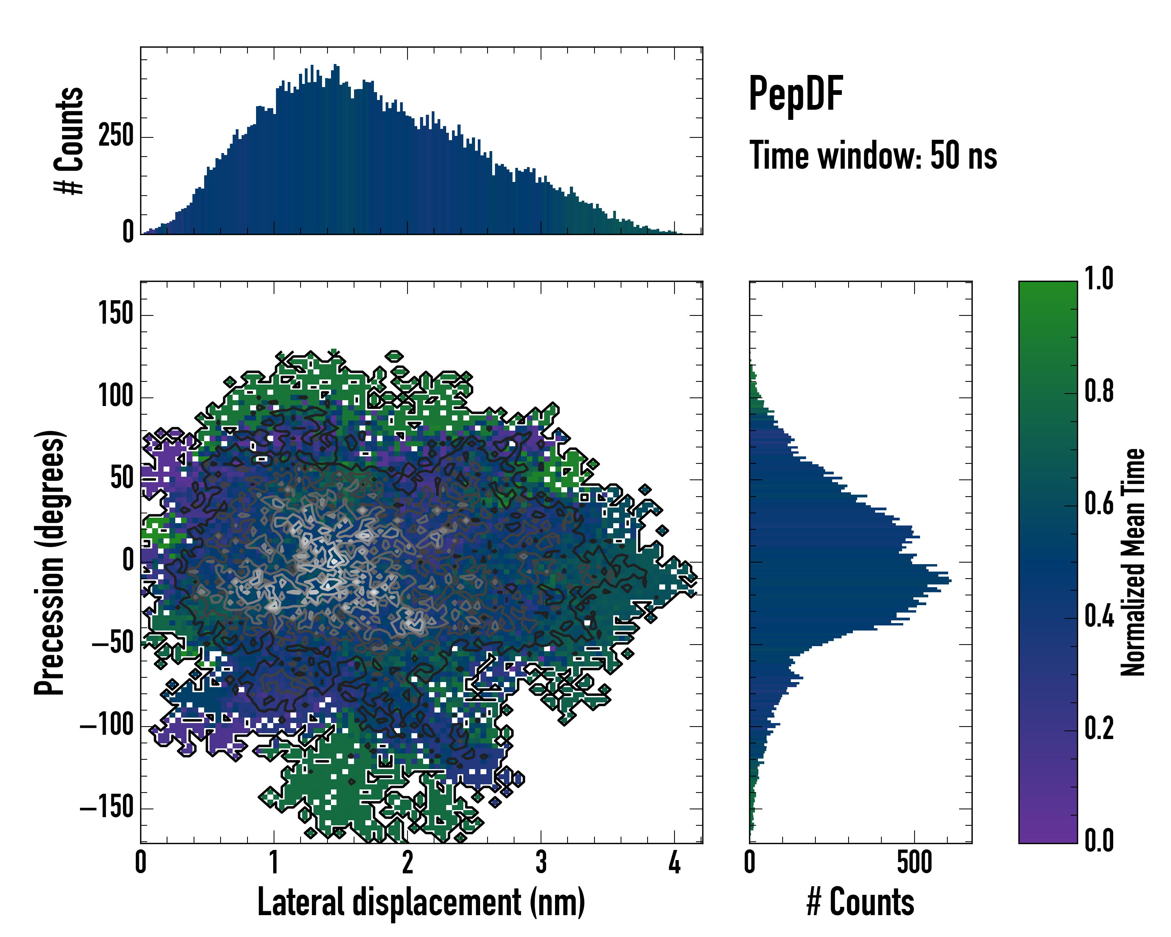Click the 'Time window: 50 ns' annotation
tap(873, 156)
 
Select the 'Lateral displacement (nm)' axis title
tap(421, 902)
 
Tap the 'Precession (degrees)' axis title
tap(50, 562)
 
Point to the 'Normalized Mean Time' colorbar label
tap(1132, 562)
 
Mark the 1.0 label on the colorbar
tap(1099, 279)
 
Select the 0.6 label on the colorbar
tap(1099, 504)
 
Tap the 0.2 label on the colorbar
tap(1099, 729)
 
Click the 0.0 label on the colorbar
tap(1099, 841)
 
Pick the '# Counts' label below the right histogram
tap(860, 902)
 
